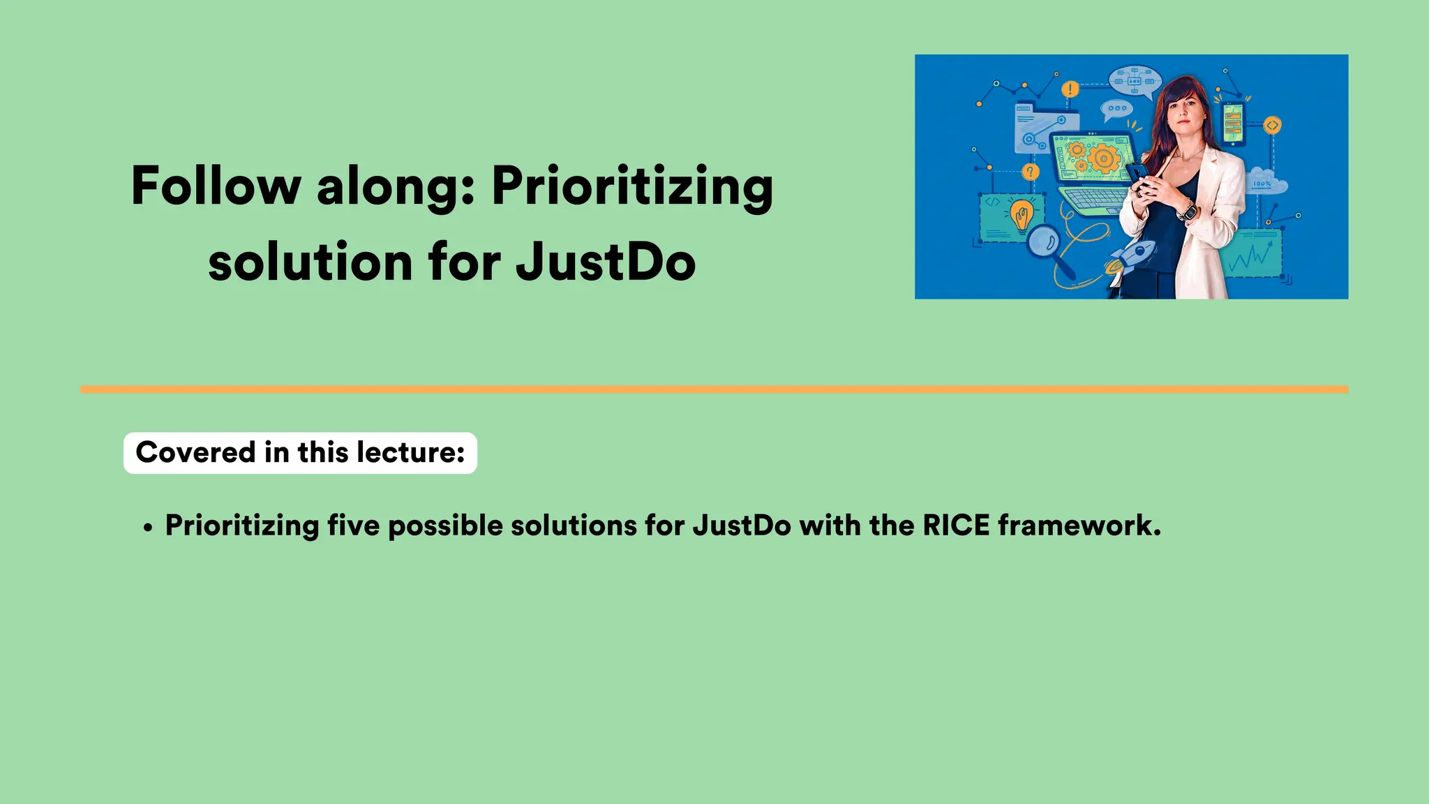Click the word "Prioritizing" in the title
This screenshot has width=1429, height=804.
[632, 187]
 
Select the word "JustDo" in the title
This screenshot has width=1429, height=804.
[605, 262]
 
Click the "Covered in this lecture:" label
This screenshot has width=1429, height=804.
[300, 452]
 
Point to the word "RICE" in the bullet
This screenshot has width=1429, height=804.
[955, 526]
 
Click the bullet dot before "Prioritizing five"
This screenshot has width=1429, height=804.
[147, 528]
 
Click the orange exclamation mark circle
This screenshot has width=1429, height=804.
[1070, 89]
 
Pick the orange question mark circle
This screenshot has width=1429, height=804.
[1030, 172]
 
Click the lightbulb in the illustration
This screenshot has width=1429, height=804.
[1022, 214]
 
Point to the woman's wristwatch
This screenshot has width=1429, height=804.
[1187, 209]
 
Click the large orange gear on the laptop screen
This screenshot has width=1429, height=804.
[1103, 158]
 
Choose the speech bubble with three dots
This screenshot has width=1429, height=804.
[1116, 109]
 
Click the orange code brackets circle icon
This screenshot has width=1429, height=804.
[1272, 126]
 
